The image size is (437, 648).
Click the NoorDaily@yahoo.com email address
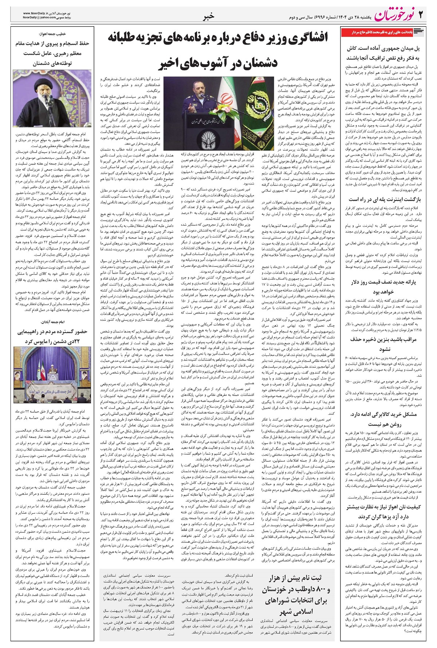pyautogui.click(x=38, y=17)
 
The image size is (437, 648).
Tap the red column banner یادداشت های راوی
pyautogui.click(x=382, y=33)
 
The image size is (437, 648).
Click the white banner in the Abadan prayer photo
pyautogui.click(x=53, y=386)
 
